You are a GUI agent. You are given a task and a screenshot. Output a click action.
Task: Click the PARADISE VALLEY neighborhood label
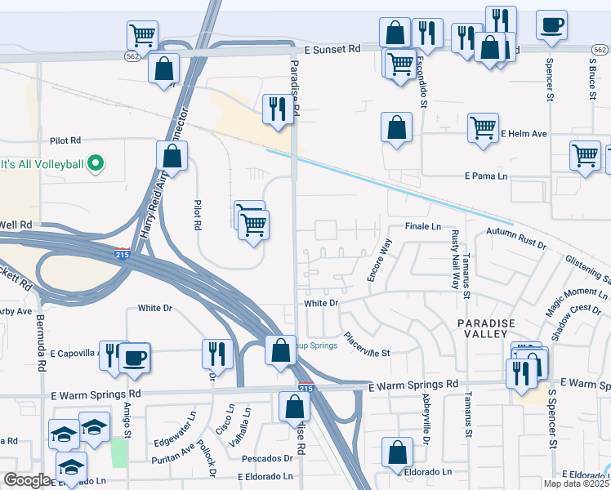pos(486,330)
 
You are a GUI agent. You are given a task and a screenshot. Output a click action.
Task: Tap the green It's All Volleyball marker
pos(95,164)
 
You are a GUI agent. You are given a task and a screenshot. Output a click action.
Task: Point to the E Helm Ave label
pos(524,133)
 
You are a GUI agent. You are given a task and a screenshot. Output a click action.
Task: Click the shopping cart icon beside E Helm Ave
pos(483,127)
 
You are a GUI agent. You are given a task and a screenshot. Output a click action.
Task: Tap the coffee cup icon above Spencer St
pos(552,23)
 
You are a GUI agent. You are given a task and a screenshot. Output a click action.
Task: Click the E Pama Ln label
pos(486,176)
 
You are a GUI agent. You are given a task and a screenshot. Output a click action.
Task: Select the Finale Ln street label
pos(422,226)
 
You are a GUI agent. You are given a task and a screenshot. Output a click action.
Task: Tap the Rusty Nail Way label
pos(455,260)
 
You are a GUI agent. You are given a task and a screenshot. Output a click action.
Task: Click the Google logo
pos(27,480)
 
